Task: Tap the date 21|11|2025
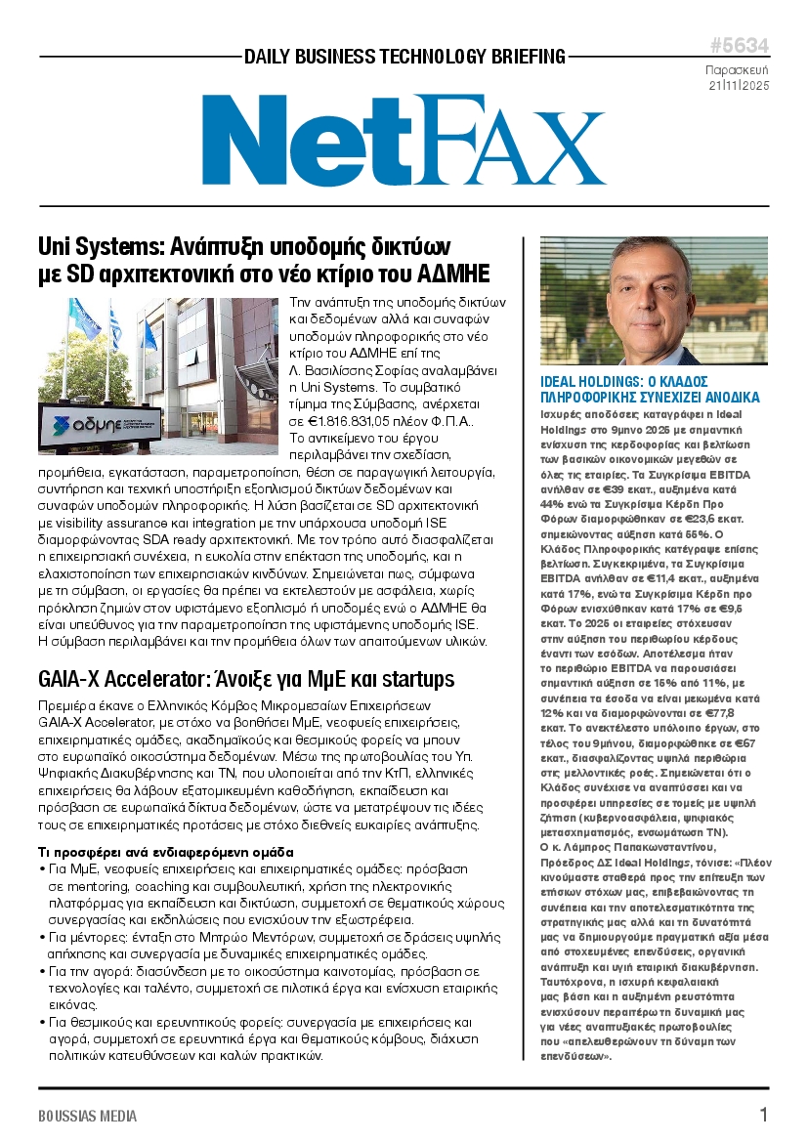tap(739, 86)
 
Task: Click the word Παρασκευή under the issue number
tap(738, 70)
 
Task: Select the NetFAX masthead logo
tap(404, 142)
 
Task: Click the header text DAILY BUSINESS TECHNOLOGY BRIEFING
tap(404, 57)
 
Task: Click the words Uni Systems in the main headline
tap(96, 245)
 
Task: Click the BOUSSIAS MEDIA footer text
tap(88, 1117)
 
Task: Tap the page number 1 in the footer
tap(763, 1115)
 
